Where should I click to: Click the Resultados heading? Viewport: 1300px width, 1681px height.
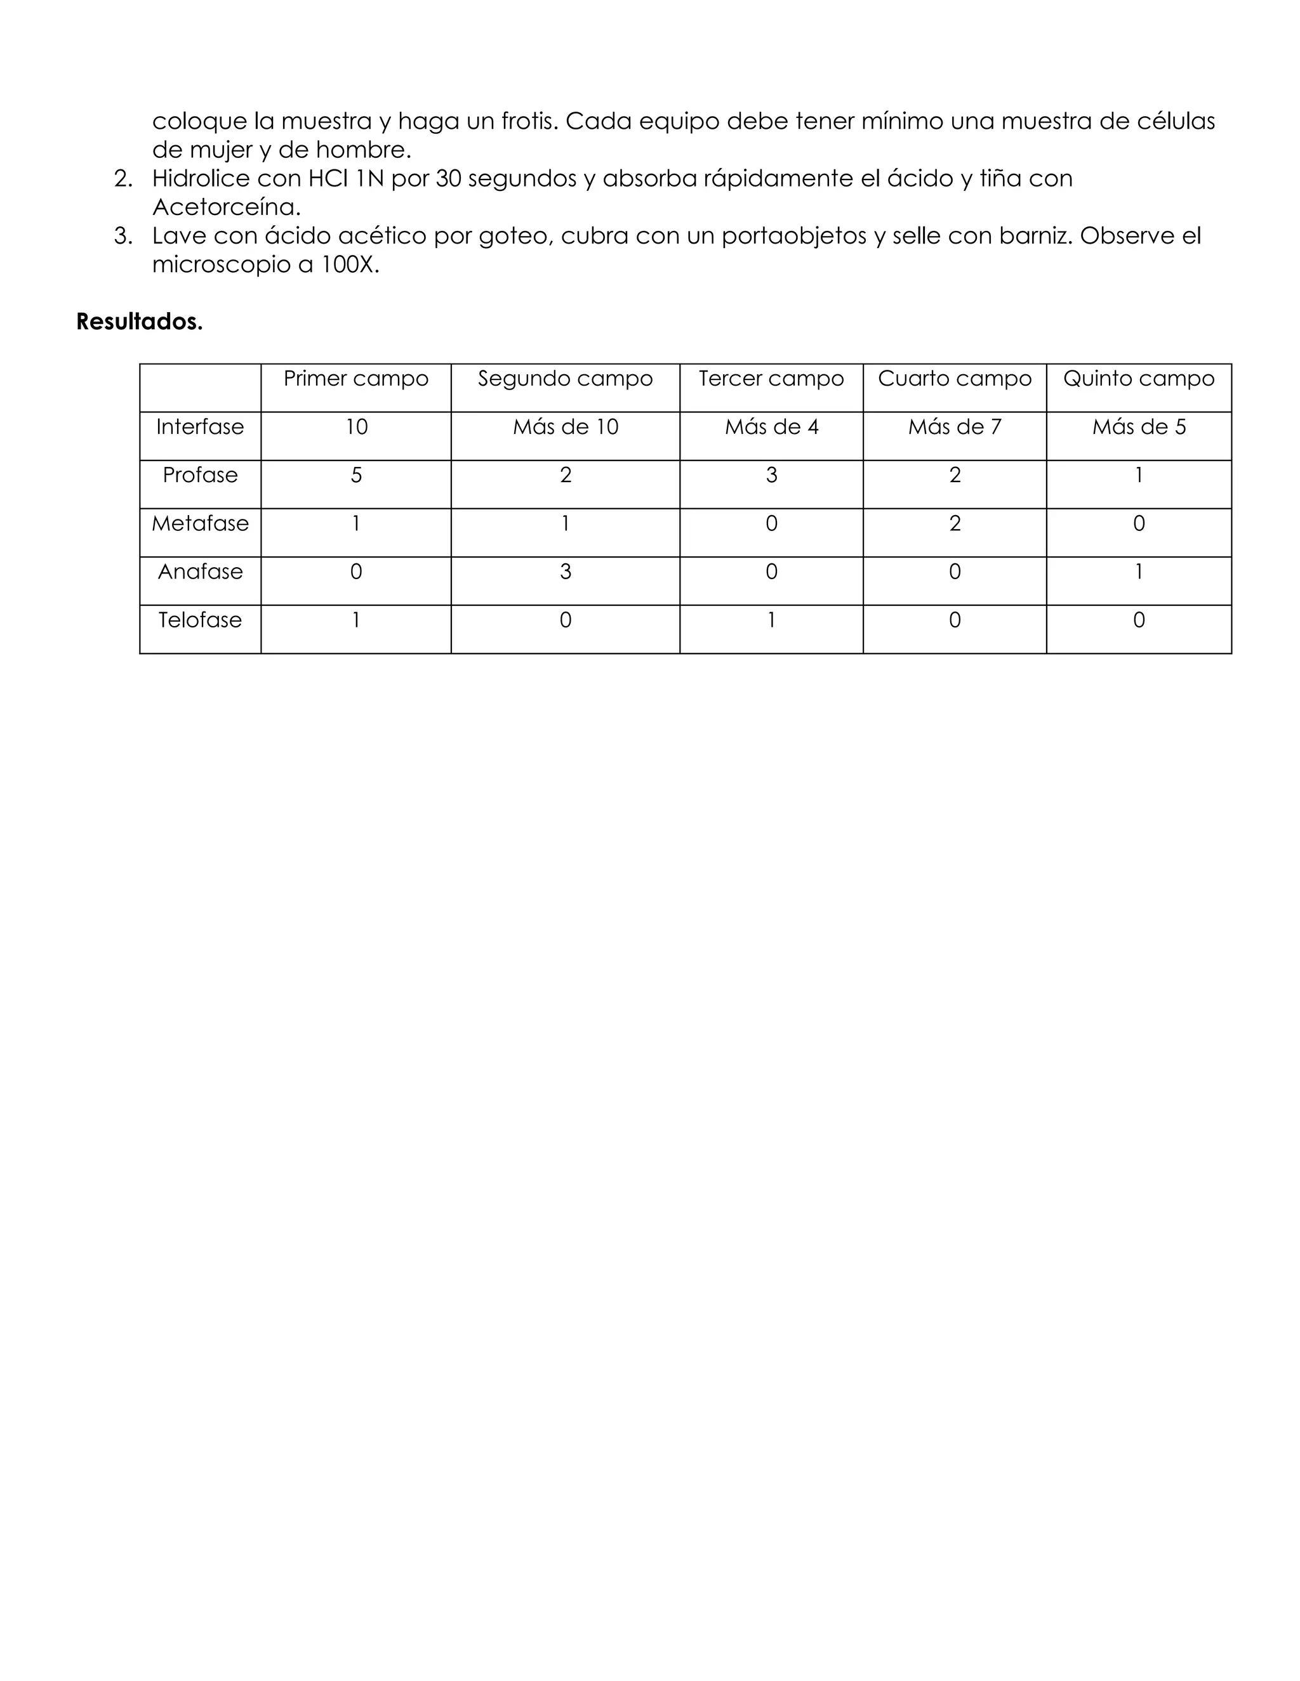click(140, 322)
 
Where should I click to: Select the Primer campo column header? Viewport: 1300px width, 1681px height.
click(356, 379)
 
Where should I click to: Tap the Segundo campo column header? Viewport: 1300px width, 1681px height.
click(566, 379)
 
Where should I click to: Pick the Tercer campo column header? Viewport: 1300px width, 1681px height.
click(771, 379)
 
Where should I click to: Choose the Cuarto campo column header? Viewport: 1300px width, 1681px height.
click(954, 379)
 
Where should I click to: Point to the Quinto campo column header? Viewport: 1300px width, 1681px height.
click(1138, 379)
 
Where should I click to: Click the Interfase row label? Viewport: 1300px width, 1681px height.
click(200, 427)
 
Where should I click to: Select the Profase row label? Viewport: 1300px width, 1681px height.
click(200, 475)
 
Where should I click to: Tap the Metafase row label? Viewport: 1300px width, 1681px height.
click(200, 523)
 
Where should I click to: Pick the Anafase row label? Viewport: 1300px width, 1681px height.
click(200, 572)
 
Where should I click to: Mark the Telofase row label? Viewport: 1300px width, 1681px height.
click(200, 620)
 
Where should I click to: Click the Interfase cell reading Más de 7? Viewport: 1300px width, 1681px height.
click(954, 427)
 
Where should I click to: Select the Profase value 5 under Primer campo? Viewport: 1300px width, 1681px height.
click(356, 476)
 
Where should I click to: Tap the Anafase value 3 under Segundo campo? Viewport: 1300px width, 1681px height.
click(566, 572)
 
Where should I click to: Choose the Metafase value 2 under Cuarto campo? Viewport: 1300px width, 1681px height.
click(954, 524)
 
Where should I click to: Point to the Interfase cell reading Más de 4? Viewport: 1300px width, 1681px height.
click(771, 427)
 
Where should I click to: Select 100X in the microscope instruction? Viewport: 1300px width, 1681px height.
click(350, 265)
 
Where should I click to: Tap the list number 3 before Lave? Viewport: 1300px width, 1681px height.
click(123, 237)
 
